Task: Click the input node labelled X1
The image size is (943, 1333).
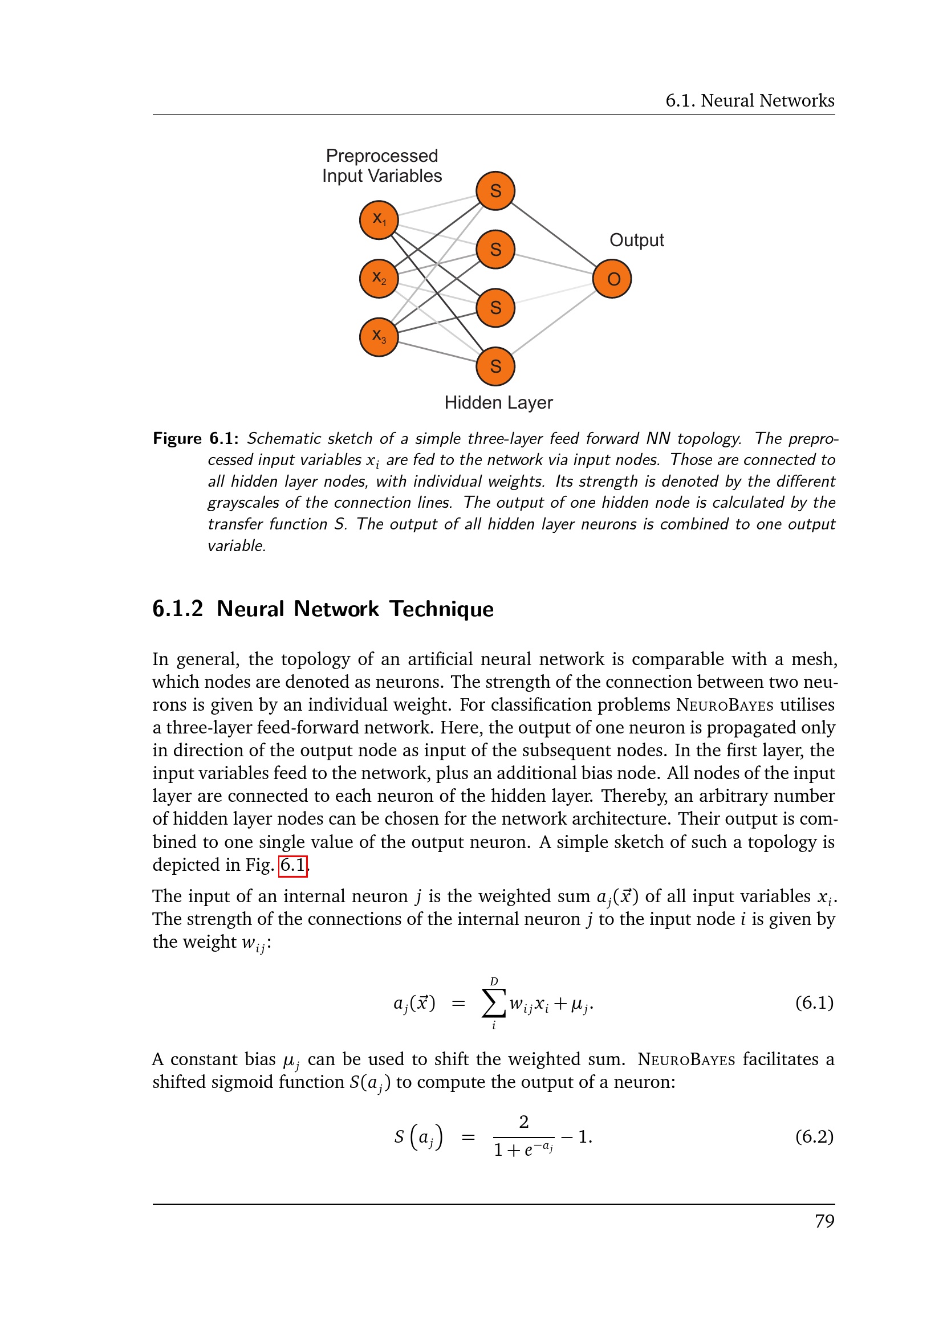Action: (x=379, y=220)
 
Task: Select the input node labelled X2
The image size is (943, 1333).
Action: (x=379, y=279)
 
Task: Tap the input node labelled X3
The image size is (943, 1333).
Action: (x=379, y=337)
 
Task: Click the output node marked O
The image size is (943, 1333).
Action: (x=612, y=279)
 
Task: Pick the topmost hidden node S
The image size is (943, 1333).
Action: (x=495, y=191)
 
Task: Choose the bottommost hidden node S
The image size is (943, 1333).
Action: (x=495, y=366)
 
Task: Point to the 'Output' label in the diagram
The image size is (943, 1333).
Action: (x=636, y=240)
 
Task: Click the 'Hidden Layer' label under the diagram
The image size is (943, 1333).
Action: (x=498, y=403)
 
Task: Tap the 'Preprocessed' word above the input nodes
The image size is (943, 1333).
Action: (x=381, y=156)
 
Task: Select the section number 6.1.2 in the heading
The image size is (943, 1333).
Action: (x=178, y=609)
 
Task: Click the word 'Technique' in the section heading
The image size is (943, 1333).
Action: (x=441, y=609)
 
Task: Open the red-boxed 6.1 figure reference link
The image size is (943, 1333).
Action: (x=292, y=865)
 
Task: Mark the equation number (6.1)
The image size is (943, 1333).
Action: (x=814, y=1002)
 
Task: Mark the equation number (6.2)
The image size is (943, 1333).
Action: (x=814, y=1136)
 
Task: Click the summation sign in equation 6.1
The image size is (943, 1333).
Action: (x=493, y=1002)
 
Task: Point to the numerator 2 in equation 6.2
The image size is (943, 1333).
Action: (x=524, y=1122)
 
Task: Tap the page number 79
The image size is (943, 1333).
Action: (x=824, y=1221)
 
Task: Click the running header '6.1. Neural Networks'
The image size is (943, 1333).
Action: (x=750, y=101)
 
